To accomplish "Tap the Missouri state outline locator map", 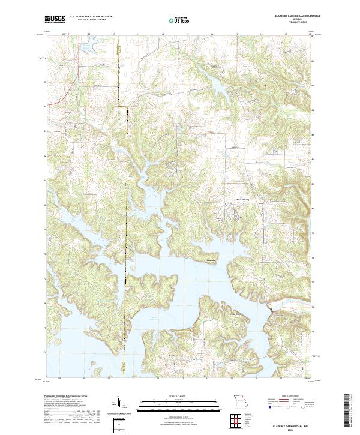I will (x=241, y=400).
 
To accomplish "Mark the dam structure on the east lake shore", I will (x=274, y=311).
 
